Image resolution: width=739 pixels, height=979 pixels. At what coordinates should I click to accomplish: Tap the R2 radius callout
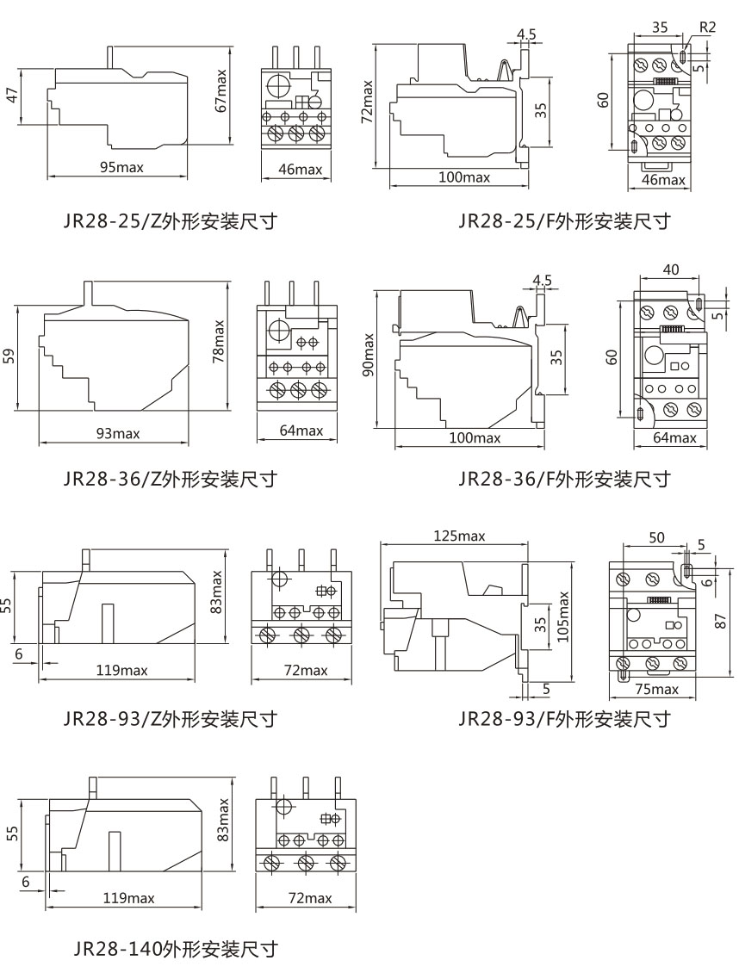click(707, 28)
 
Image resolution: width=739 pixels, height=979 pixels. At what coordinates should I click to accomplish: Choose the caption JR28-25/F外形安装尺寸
click(564, 221)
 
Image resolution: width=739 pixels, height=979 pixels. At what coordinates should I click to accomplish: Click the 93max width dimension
click(118, 433)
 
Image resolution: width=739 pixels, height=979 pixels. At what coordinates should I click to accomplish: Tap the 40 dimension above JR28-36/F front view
click(671, 270)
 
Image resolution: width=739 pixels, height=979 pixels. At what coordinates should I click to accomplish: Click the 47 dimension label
click(11, 96)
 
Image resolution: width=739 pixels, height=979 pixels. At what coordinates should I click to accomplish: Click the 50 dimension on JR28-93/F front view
click(656, 537)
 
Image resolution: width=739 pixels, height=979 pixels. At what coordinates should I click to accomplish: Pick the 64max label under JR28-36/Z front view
click(301, 430)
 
